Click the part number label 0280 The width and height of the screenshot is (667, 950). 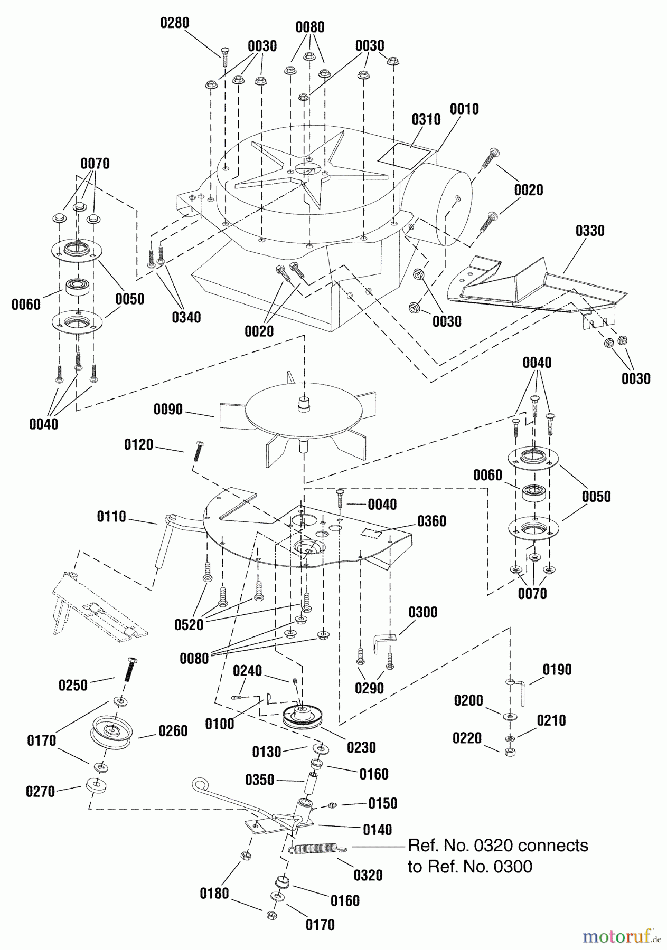point(175,23)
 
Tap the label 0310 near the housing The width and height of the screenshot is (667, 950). point(426,119)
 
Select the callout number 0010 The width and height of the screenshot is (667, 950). point(464,109)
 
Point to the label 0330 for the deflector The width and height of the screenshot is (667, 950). point(590,231)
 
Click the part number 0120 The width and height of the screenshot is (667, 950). point(138,445)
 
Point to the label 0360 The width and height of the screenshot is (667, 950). point(431,521)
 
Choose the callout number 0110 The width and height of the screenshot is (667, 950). point(111,516)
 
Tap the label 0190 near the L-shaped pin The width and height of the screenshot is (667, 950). point(558,670)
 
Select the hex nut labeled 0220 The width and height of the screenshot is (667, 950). point(510,752)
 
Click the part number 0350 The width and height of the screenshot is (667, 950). point(260,780)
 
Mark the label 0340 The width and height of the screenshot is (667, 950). point(186,317)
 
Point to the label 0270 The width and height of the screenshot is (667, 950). point(41,792)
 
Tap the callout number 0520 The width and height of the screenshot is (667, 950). point(189,625)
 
